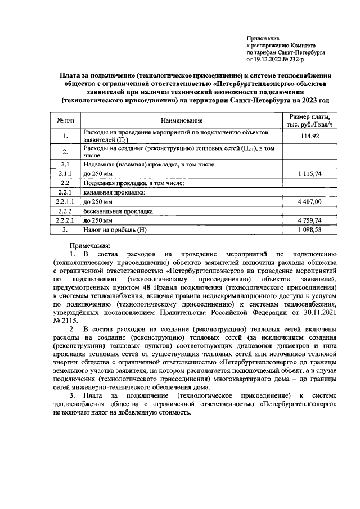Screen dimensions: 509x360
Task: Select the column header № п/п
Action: [x=65, y=120]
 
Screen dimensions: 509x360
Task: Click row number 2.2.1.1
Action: [x=65, y=201]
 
